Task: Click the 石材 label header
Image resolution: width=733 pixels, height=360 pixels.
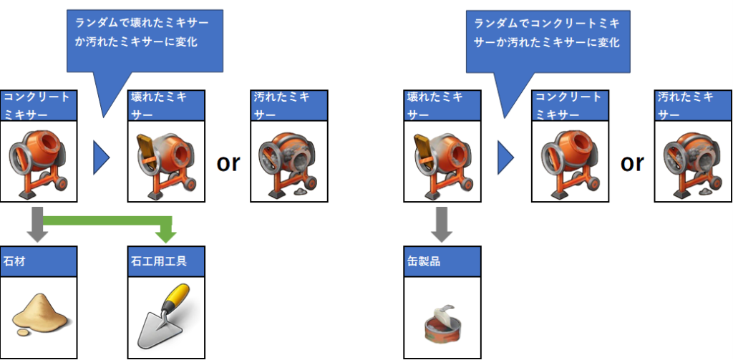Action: coord(39,261)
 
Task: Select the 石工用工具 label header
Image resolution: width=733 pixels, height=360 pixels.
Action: coord(166,261)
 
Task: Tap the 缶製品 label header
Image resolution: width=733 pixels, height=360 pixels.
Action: coord(442,261)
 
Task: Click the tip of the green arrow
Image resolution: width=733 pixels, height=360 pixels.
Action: coord(166,237)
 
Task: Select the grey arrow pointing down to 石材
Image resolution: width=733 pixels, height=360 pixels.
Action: coord(39,223)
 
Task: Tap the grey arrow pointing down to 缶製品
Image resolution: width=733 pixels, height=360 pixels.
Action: coord(442,223)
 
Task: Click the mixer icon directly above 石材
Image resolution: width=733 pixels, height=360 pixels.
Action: coord(39,162)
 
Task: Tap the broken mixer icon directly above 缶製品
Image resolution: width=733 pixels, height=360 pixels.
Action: coord(442,162)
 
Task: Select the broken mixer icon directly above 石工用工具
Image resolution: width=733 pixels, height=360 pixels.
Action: coord(165,162)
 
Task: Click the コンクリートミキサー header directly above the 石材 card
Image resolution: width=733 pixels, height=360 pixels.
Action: coord(39,104)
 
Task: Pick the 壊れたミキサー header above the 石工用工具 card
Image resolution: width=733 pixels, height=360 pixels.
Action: coord(165,104)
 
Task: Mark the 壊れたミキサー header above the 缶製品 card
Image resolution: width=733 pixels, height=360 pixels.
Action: coord(442,104)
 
